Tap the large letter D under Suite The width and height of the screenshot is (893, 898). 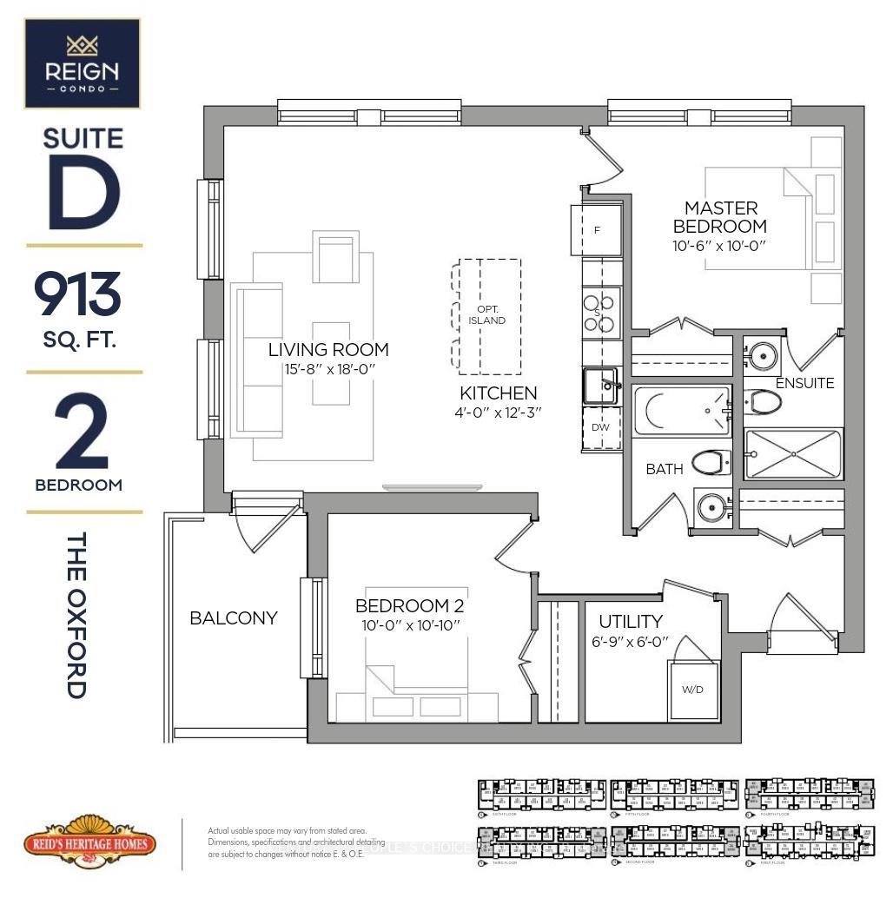point(83,189)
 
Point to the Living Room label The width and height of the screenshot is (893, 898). point(327,350)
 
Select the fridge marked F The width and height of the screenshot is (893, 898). point(597,230)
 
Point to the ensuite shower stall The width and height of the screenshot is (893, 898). point(794,453)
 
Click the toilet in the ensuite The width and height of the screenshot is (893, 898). point(764,401)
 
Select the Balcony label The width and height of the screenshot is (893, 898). point(234,618)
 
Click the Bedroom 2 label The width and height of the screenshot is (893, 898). point(407,605)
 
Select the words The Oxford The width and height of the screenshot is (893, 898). point(77,616)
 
